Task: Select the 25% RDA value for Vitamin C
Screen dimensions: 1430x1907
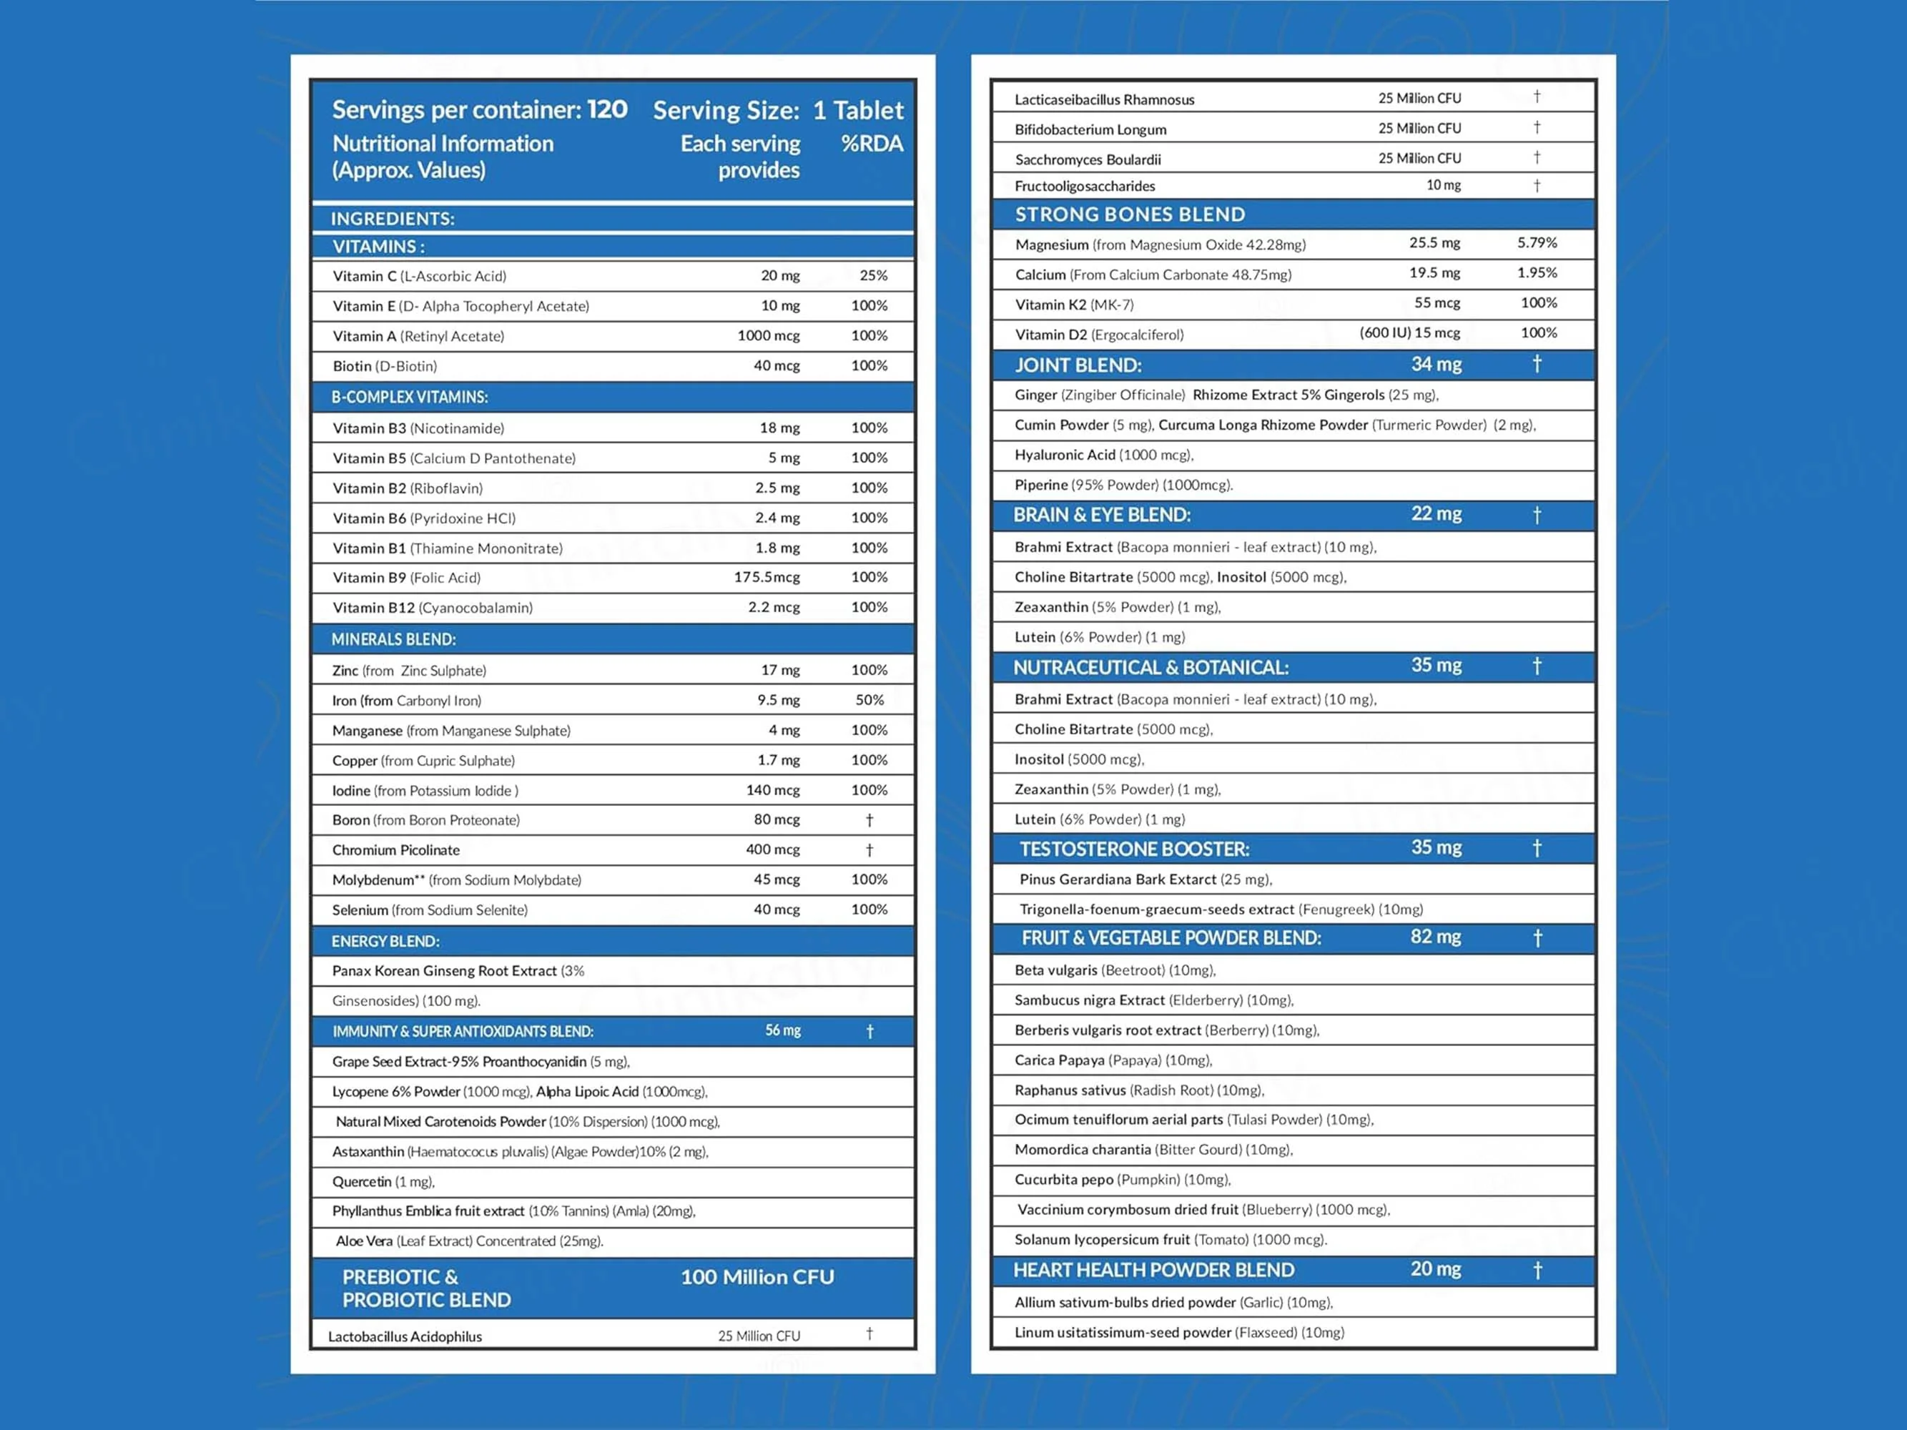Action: click(x=872, y=276)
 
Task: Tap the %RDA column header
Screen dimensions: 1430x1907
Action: click(x=872, y=144)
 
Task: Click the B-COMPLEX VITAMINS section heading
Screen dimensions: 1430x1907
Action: click(x=410, y=398)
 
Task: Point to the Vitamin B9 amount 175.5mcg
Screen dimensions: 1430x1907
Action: click(x=767, y=578)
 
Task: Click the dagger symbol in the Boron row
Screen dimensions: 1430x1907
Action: click(x=869, y=819)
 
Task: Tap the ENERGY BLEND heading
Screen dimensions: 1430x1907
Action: click(x=385, y=941)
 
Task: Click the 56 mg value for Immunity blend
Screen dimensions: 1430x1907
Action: click(x=783, y=1031)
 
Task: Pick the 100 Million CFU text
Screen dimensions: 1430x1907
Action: click(x=757, y=1278)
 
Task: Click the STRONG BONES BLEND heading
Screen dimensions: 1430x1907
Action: click(x=1129, y=214)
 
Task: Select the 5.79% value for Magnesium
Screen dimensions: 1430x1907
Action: click(x=1537, y=243)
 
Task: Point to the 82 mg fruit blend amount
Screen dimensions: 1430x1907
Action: click(x=1435, y=937)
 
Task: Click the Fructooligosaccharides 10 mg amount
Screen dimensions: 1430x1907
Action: click(x=1442, y=185)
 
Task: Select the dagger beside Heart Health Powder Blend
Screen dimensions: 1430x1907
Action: click(x=1537, y=1270)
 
